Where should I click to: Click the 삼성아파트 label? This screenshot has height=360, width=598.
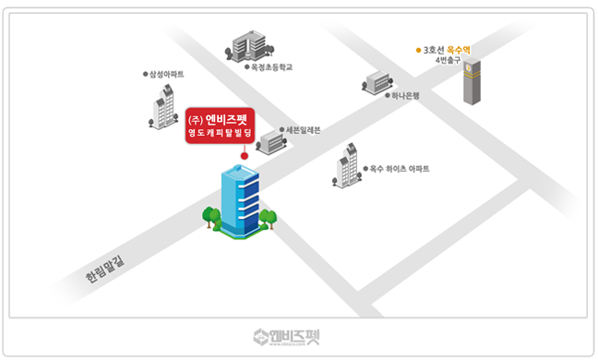point(168,74)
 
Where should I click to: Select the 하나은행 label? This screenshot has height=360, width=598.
point(405,95)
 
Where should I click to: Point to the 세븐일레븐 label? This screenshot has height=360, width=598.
point(303,130)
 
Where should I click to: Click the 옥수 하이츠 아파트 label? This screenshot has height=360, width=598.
point(400,169)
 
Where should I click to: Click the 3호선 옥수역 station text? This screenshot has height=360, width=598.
point(445,49)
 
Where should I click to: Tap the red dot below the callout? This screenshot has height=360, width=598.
point(245,156)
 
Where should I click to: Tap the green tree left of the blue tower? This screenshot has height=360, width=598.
point(212,218)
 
